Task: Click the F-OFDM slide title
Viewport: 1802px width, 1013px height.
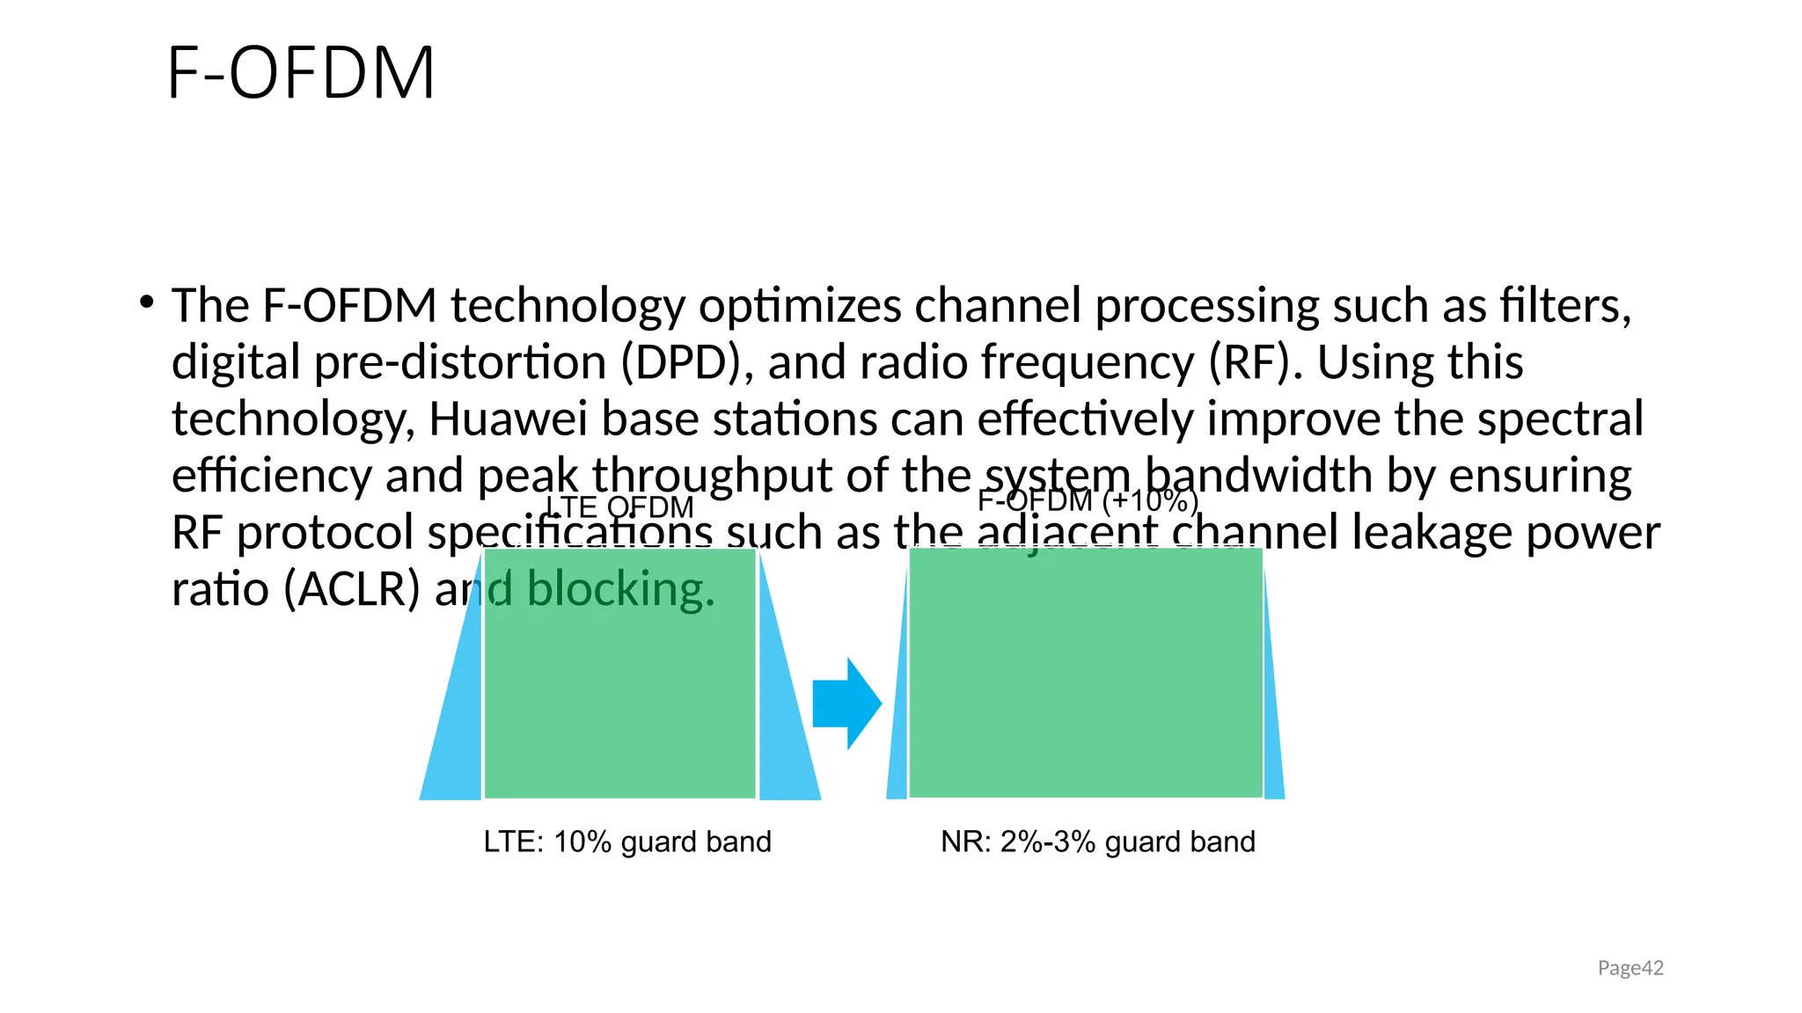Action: pos(301,73)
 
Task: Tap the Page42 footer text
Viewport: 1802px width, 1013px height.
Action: pos(1630,968)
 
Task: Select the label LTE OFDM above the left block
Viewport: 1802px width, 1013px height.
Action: pos(619,507)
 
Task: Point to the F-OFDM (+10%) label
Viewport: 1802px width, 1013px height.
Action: pos(1088,500)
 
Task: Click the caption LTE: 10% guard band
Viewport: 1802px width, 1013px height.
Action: pos(627,842)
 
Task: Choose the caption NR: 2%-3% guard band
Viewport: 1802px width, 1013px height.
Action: pos(1097,842)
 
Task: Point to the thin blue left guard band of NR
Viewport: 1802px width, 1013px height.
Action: pos(898,747)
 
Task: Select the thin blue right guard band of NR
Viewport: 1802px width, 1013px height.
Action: pos(1272,747)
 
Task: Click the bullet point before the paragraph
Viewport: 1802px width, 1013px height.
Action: pos(147,303)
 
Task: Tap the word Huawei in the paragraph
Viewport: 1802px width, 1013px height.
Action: pos(508,419)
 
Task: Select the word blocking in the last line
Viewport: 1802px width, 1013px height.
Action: pos(620,589)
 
